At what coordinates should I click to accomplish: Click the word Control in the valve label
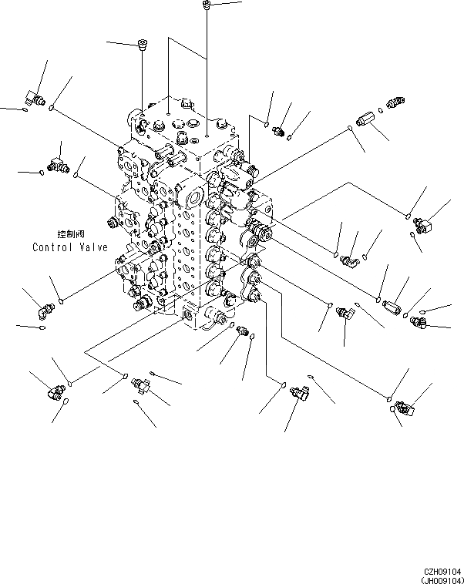click(52, 247)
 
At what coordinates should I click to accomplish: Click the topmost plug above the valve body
click(207, 7)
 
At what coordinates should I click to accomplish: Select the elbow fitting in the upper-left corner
click(33, 97)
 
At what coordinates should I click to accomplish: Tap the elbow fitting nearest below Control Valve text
click(45, 309)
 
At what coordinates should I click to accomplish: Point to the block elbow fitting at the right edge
click(423, 224)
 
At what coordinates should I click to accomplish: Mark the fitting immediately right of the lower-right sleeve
click(419, 321)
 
